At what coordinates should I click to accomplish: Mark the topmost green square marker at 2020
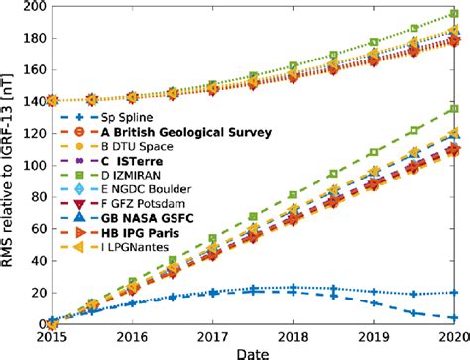(455, 15)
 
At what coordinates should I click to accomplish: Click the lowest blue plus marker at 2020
(455, 318)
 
